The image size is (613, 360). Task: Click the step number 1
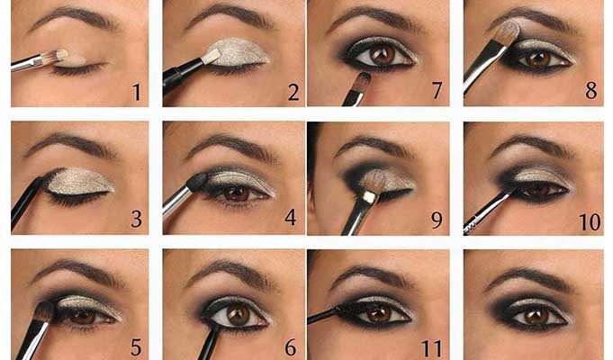click(137, 92)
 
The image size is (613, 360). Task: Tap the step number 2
click(293, 92)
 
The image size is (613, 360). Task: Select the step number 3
click(137, 219)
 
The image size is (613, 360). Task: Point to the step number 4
click(290, 217)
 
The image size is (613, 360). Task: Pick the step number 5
click(136, 347)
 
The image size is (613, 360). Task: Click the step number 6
click(291, 347)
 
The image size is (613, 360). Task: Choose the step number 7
click(437, 90)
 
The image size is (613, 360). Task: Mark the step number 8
click(591, 90)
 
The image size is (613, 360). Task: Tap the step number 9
click(437, 220)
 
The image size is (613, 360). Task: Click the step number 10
click(590, 221)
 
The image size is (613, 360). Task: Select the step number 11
click(431, 347)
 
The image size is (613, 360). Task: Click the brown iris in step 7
click(382, 55)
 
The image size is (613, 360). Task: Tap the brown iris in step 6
click(238, 314)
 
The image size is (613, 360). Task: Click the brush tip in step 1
click(62, 55)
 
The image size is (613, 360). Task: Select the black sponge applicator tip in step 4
click(197, 182)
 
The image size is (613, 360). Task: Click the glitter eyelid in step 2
click(239, 52)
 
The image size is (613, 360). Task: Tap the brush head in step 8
click(509, 31)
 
